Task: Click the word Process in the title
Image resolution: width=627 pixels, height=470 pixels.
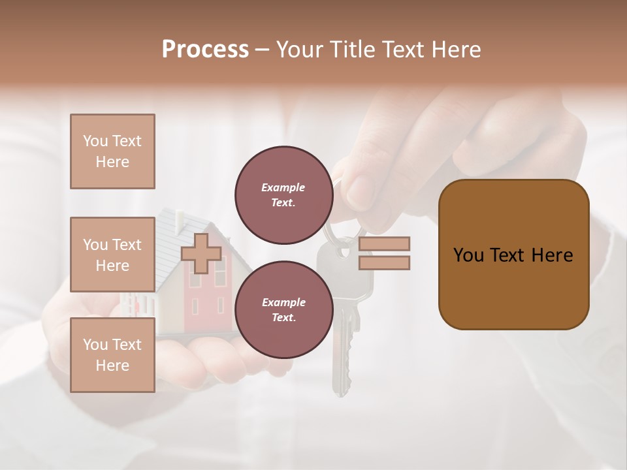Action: [x=205, y=50]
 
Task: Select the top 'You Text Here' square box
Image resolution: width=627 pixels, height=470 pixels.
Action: [x=112, y=151]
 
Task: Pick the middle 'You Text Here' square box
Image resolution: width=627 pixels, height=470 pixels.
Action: [x=112, y=255]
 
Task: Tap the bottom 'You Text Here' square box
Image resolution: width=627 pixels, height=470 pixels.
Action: [x=112, y=354]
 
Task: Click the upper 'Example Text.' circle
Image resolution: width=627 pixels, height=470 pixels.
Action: [x=283, y=195]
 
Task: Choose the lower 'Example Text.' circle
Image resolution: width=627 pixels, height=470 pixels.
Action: [x=283, y=309]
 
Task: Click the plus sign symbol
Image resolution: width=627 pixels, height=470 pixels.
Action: [x=201, y=254]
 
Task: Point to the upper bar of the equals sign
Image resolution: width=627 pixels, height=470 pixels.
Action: [x=384, y=243]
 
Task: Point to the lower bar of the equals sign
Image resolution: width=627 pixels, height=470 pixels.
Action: [x=384, y=262]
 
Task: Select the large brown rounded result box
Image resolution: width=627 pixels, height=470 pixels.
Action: [x=513, y=255]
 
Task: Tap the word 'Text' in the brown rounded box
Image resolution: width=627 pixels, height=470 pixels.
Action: [x=512, y=255]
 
